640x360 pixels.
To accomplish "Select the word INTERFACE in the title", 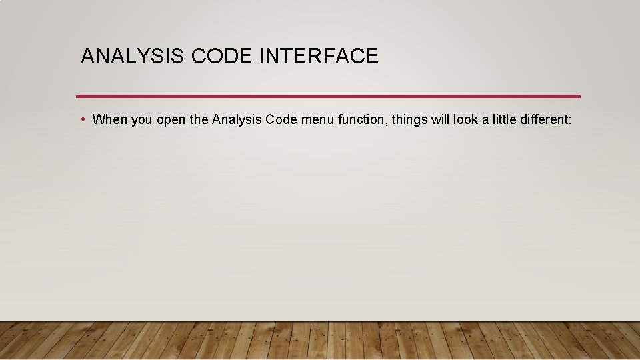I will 319,56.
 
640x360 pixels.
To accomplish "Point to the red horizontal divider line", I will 328,96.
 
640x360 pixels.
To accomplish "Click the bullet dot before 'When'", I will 81,119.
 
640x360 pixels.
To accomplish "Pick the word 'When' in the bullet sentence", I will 108,120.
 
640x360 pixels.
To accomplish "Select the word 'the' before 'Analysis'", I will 199,120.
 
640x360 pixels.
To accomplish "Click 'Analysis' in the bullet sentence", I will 237,120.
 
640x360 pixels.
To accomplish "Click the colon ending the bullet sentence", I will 571,121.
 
